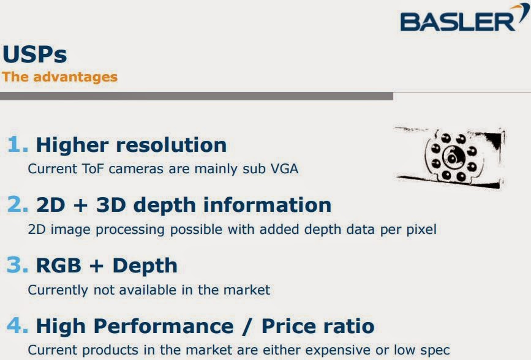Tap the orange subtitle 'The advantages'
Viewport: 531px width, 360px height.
coord(60,77)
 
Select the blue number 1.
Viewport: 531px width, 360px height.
coord(18,145)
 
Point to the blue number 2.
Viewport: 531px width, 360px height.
coord(18,204)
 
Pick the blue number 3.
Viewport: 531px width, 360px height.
coord(18,265)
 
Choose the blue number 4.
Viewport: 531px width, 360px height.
coord(18,325)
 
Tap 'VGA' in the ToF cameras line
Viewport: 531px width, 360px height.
coord(284,168)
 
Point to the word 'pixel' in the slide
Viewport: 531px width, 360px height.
coord(420,230)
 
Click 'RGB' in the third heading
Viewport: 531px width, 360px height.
coord(58,265)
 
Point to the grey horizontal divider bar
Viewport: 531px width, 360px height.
coord(196,96)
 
